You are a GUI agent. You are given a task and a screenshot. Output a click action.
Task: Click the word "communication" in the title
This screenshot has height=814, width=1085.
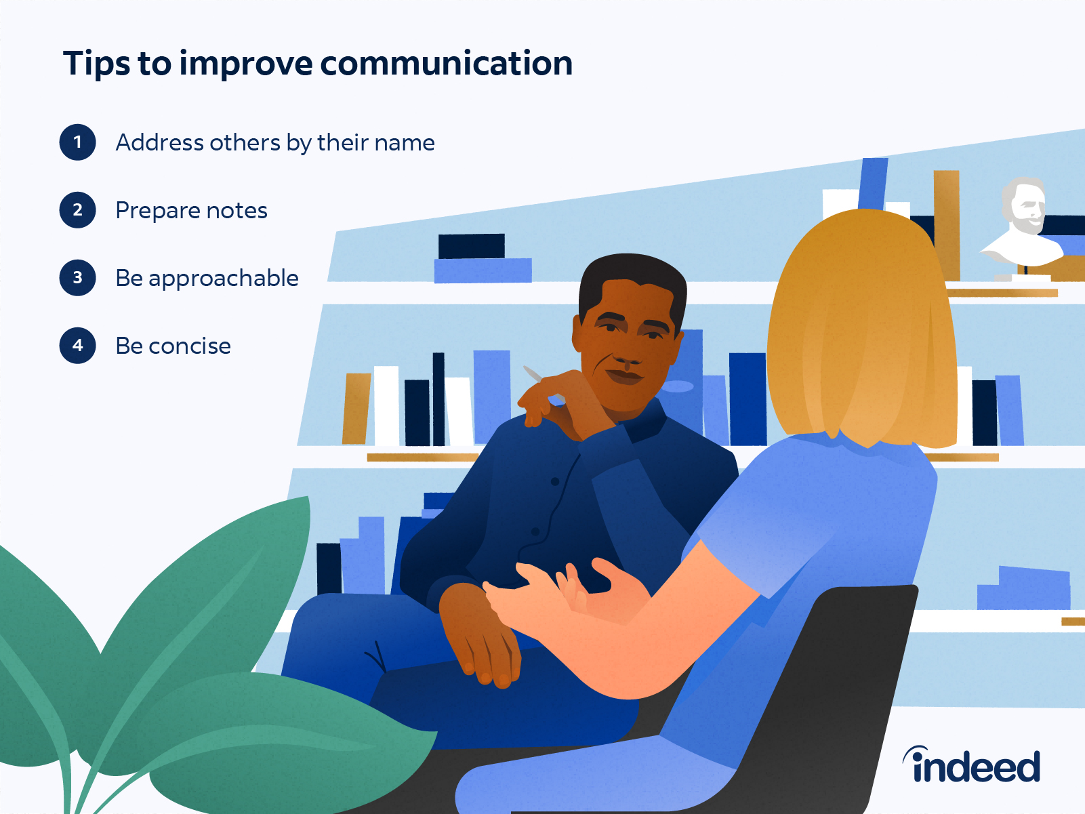pos(446,64)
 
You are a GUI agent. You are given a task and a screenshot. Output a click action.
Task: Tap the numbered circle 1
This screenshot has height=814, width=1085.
pos(77,142)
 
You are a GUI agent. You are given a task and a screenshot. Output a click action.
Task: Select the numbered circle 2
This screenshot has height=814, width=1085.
pos(77,210)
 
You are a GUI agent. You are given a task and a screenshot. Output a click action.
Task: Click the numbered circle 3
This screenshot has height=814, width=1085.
pos(77,278)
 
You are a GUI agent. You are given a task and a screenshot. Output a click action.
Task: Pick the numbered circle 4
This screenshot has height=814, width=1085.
pos(77,346)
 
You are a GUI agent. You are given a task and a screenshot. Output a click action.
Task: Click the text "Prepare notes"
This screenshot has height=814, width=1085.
pos(191,211)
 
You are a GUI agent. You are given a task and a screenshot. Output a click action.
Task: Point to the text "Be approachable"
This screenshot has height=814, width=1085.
pos(207,279)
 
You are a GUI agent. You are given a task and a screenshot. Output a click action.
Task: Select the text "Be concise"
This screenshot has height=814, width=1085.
pos(173,346)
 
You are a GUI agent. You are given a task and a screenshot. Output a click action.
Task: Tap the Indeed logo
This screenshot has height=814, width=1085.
pos(972,765)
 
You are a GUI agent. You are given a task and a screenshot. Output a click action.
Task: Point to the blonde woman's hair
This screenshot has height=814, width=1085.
pos(861,325)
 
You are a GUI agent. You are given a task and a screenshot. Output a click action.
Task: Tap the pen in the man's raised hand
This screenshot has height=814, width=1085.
pos(533,373)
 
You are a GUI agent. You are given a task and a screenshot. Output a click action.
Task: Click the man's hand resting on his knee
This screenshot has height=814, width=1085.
pos(481,637)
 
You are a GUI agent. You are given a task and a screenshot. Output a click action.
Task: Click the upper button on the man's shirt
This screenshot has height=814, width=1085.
pos(555,482)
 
